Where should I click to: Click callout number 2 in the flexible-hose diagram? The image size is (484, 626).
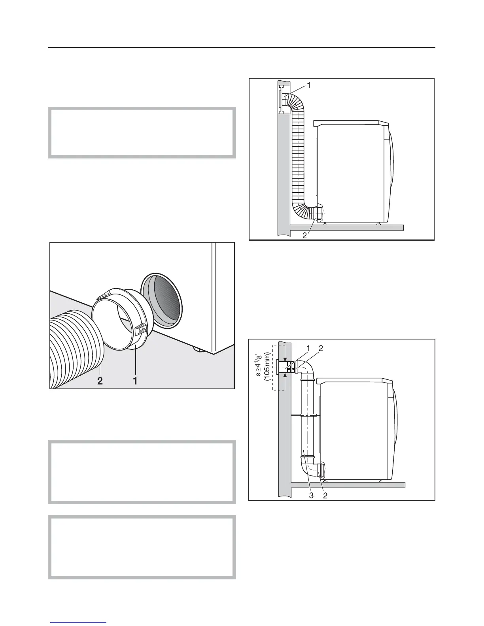304,236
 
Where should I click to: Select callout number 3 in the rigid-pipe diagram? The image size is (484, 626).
311,496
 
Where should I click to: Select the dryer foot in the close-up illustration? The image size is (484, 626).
196,349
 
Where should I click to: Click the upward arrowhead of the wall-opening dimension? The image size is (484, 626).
285,375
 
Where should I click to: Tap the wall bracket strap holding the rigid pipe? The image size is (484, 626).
305,415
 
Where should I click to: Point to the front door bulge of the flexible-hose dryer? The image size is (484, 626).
391,174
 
